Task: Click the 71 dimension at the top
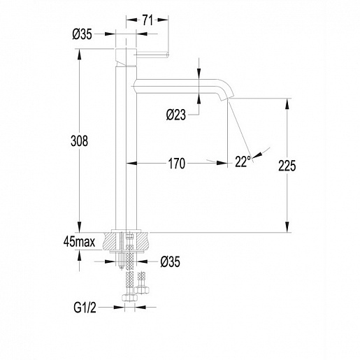(x=147, y=20)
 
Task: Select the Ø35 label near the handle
(x=82, y=34)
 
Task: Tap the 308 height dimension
(x=79, y=141)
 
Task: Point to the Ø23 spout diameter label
(x=176, y=115)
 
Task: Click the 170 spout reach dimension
(x=177, y=164)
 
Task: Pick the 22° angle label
(x=243, y=161)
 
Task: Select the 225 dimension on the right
(x=287, y=166)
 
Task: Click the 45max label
(x=79, y=242)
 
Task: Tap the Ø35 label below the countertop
(x=171, y=261)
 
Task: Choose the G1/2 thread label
(x=85, y=308)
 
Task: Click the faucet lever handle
(x=152, y=55)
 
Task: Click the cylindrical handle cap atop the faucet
(x=126, y=57)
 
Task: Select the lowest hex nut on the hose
(x=129, y=298)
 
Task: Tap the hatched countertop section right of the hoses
(x=142, y=241)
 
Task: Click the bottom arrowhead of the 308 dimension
(x=80, y=226)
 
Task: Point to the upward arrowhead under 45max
(x=80, y=256)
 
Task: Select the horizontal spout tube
(x=177, y=87)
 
